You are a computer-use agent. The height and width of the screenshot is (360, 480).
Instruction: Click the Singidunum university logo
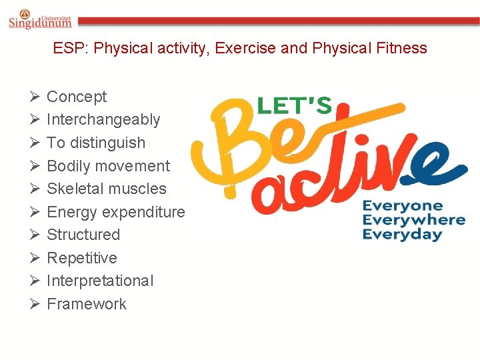point(41,19)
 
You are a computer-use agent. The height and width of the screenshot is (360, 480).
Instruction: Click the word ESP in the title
point(67,49)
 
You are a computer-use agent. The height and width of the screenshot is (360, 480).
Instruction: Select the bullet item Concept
point(77,97)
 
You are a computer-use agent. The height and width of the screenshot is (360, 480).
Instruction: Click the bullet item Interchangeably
point(103,120)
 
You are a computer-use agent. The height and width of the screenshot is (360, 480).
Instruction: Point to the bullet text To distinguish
point(96,143)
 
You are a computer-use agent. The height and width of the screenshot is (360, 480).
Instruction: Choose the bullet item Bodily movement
point(108,166)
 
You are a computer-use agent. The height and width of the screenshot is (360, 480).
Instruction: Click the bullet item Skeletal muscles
point(107,189)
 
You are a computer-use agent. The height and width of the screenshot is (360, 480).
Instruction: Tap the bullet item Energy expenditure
point(116,212)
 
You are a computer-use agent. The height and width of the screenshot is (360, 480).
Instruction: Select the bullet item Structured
point(83,235)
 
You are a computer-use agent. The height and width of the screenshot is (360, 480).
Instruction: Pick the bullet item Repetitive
point(82,258)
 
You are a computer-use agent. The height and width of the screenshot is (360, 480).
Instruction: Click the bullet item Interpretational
point(100,281)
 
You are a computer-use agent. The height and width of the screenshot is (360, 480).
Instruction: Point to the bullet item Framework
point(87,304)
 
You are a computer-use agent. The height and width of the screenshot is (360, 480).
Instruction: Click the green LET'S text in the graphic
point(294,105)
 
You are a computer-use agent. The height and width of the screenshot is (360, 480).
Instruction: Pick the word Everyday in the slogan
point(402,235)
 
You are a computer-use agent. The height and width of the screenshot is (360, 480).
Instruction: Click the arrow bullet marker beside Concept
point(35,97)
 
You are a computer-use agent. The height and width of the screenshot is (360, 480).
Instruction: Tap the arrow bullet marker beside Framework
point(35,305)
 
